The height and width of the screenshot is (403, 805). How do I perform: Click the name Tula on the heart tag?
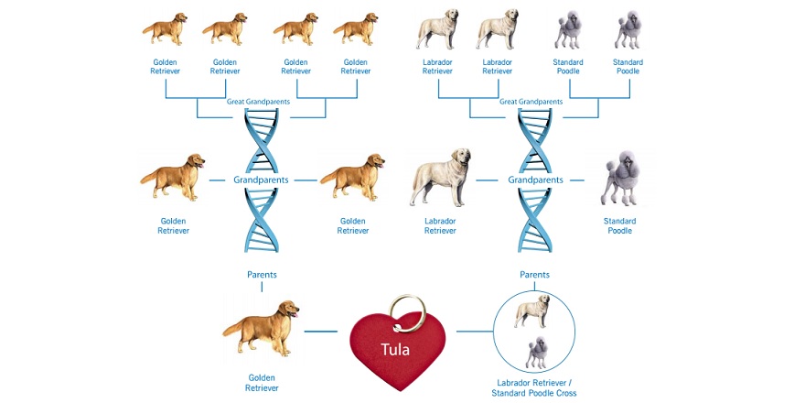point(395,350)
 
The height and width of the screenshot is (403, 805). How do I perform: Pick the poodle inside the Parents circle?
point(537,353)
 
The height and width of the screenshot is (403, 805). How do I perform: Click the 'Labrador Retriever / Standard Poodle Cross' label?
point(534,388)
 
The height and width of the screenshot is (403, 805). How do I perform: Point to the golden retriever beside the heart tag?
point(261,328)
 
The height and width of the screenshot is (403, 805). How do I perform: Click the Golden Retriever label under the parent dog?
point(262,383)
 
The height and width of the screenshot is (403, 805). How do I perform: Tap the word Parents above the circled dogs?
point(534,275)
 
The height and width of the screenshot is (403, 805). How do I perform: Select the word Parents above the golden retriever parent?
point(262,275)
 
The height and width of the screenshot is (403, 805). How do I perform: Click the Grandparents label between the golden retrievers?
point(261,180)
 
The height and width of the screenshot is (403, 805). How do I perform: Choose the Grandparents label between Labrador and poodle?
point(535,180)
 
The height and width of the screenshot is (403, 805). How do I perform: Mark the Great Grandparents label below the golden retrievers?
point(258,102)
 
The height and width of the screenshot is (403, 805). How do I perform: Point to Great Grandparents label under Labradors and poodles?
point(531,102)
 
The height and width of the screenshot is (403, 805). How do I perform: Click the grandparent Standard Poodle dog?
point(620,179)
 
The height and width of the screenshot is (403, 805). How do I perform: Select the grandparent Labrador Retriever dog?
point(441,177)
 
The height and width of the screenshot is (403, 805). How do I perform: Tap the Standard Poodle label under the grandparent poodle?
point(619,225)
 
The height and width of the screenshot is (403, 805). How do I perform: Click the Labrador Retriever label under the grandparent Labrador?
point(441,225)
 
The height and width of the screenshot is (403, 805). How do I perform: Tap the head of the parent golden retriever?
point(289,309)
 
